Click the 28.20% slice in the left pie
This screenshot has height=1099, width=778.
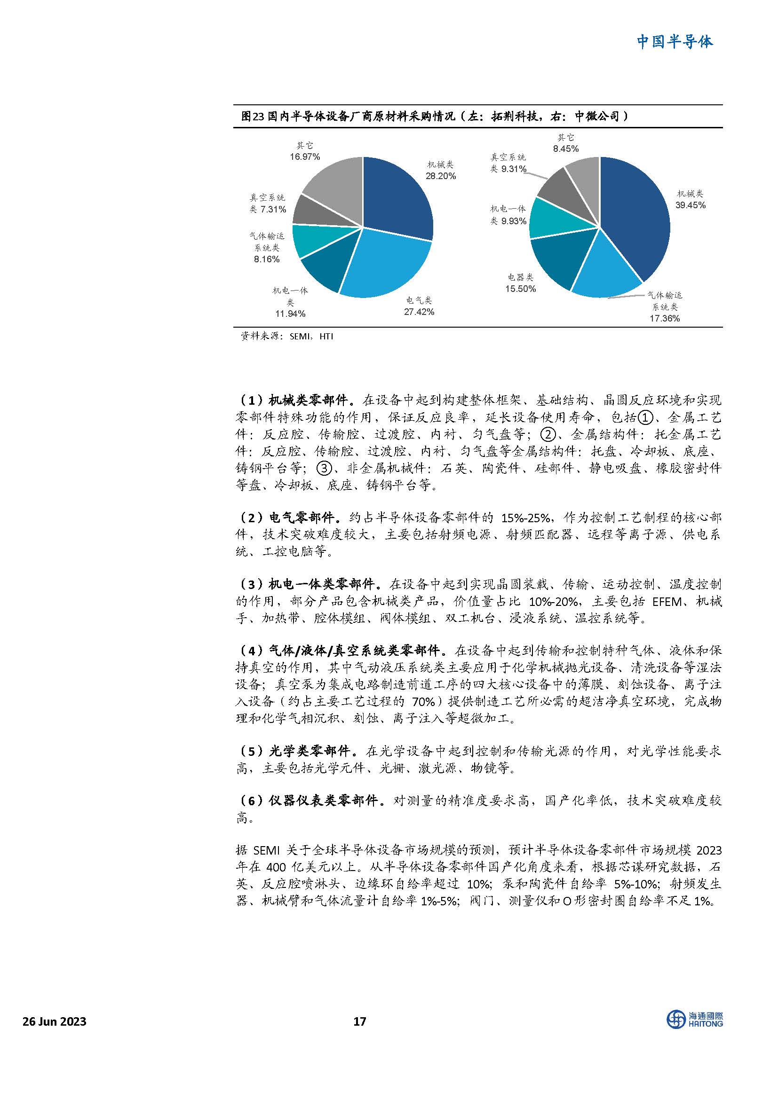point(397,196)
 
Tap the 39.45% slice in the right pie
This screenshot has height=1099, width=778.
point(637,215)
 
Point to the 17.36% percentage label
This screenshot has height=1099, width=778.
point(665,318)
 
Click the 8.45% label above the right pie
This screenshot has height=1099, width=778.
point(566,149)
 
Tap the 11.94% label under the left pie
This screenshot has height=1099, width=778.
point(290,314)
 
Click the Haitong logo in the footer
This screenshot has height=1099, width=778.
point(695,1021)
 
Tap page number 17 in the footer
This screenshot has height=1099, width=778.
point(359,1021)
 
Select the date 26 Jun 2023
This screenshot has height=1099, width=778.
point(55,1021)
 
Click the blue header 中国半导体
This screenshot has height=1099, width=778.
point(675,42)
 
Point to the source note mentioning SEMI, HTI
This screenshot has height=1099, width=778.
point(286,337)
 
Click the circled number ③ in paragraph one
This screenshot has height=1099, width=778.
point(325,468)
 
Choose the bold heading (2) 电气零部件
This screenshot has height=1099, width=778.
point(291,518)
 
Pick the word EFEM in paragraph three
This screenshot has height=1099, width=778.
point(667,601)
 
